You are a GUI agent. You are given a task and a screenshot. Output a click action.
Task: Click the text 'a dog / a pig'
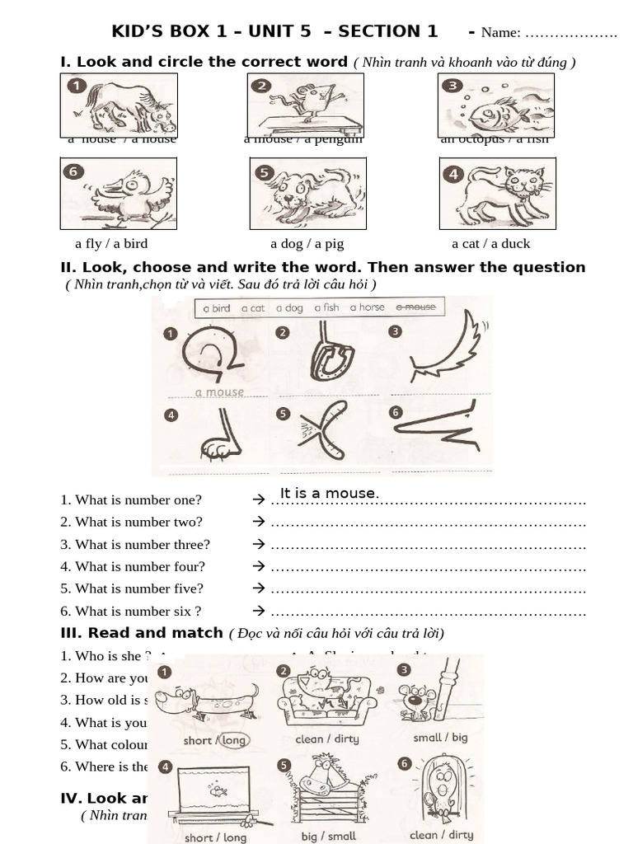[307, 243]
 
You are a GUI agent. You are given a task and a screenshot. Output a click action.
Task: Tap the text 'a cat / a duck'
[491, 243]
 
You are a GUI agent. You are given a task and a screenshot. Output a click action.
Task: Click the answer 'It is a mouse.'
[330, 494]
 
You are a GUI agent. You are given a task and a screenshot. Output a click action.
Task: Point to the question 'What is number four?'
[133, 566]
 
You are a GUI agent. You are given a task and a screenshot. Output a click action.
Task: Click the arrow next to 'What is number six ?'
[258, 611]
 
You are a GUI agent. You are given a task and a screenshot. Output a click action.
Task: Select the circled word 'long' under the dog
[234, 739]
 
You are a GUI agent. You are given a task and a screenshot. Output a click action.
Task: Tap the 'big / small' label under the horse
[329, 835]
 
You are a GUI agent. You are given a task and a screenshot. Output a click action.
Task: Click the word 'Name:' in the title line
[500, 33]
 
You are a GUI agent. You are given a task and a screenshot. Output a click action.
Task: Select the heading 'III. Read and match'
[142, 633]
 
